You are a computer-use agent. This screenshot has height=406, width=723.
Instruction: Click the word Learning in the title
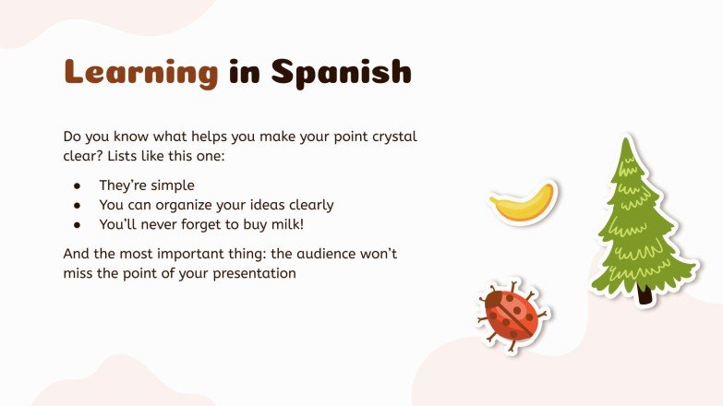[140, 71]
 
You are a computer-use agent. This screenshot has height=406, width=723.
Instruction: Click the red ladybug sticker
[512, 314]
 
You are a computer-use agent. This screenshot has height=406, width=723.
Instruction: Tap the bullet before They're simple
[78, 185]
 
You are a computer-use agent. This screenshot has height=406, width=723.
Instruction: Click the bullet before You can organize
[78, 205]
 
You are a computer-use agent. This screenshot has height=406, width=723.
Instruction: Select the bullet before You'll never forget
[78, 224]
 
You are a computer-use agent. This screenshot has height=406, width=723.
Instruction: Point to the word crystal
[392, 137]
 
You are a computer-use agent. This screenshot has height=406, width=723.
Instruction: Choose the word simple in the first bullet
[171, 185]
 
